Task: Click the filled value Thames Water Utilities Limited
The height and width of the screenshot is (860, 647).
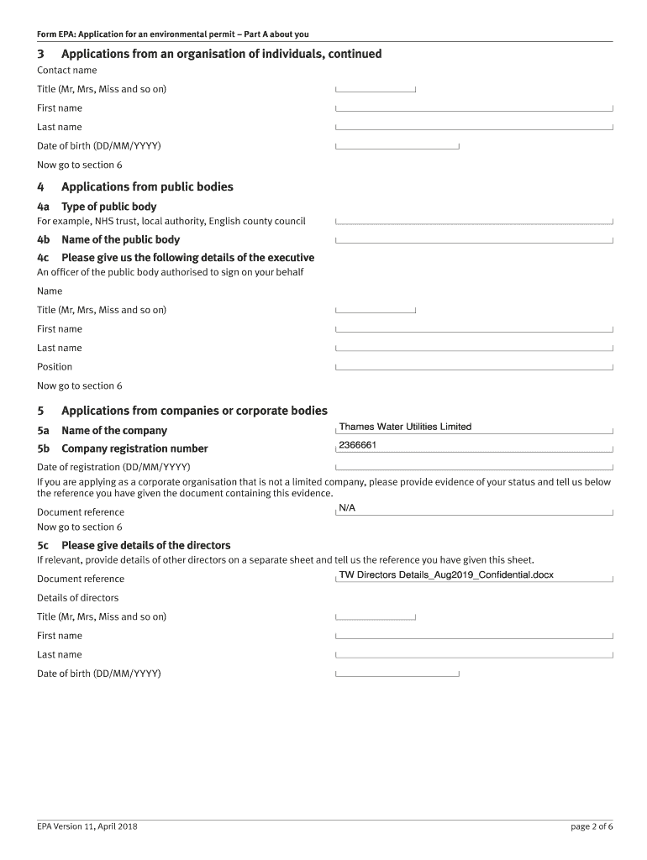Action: (x=405, y=427)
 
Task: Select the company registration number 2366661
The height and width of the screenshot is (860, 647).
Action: (x=357, y=445)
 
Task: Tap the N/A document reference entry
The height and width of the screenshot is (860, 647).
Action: (x=347, y=508)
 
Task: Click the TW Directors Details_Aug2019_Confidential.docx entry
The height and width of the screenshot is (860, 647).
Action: (x=445, y=575)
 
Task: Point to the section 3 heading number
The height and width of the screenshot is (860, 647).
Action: (x=40, y=55)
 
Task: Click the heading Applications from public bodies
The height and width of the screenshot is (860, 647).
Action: (x=147, y=187)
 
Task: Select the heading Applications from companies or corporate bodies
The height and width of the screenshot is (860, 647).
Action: (x=194, y=411)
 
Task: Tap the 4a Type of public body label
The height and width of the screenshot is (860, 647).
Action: (x=97, y=207)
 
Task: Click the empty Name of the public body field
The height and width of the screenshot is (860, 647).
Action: (x=474, y=239)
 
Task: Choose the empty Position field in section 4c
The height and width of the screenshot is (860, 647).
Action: (x=474, y=366)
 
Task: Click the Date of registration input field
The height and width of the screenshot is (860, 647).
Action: (x=474, y=466)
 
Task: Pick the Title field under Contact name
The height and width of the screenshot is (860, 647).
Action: (x=376, y=88)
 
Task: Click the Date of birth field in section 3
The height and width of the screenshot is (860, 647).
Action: (x=397, y=145)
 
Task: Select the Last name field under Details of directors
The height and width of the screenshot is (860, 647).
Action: (x=474, y=654)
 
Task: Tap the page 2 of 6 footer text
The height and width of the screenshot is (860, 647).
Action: (x=592, y=826)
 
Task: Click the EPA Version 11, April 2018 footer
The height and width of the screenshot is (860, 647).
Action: (x=87, y=826)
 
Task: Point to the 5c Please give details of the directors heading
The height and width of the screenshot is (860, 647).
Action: (x=134, y=545)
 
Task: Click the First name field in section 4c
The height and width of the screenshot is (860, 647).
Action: (x=474, y=328)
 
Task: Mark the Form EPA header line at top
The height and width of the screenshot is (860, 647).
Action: (x=172, y=34)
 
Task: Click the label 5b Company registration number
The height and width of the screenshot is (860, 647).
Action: (x=122, y=448)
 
